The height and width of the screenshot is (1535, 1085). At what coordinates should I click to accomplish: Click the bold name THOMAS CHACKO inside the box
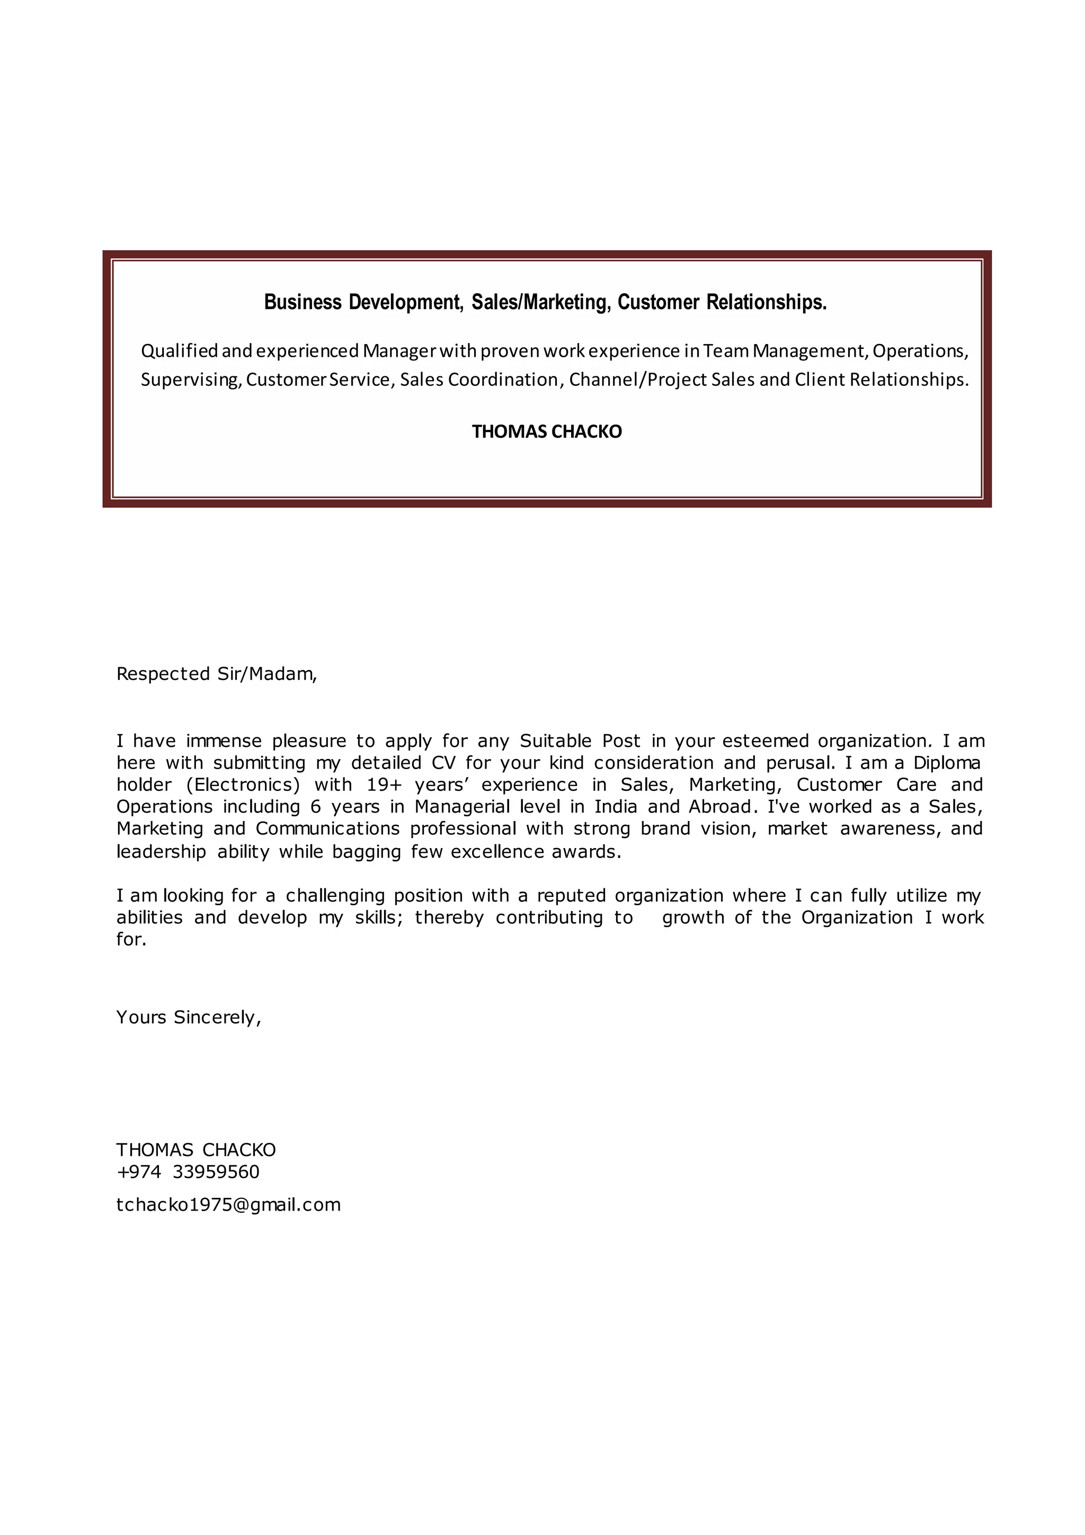coord(547,432)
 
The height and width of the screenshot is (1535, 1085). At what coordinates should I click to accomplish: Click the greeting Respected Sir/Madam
coord(217,674)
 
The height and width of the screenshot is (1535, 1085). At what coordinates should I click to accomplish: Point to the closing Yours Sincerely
coord(189,1018)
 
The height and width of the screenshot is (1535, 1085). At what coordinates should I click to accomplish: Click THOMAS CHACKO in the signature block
coord(195,1150)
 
